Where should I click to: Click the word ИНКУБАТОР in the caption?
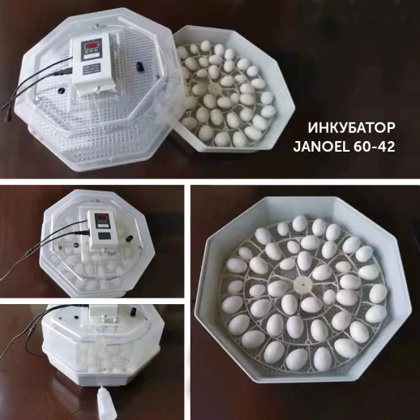(x=351, y=128)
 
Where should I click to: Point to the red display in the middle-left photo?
(x=101, y=217)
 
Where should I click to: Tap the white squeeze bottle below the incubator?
(x=107, y=402)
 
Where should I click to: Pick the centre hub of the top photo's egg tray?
(x=213, y=88)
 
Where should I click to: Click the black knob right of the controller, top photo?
(x=139, y=66)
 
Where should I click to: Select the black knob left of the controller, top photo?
(x=61, y=91)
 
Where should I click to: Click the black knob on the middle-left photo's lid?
(x=130, y=239)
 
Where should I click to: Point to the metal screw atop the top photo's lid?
(x=96, y=26)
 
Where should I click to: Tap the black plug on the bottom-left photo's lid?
(x=133, y=311)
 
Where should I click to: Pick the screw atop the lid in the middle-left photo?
(x=95, y=201)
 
